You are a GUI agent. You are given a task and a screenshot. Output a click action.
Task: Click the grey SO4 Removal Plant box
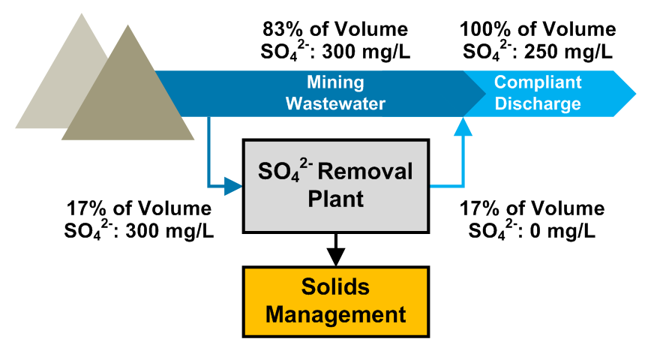tap(335, 184)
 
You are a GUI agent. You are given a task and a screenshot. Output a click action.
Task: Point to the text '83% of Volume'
tap(335, 30)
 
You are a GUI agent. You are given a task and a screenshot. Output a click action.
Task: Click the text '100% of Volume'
tap(538, 30)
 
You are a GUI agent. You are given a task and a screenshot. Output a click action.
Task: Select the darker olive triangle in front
tap(127, 90)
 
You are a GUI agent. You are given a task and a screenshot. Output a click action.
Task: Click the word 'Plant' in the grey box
tap(335, 199)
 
